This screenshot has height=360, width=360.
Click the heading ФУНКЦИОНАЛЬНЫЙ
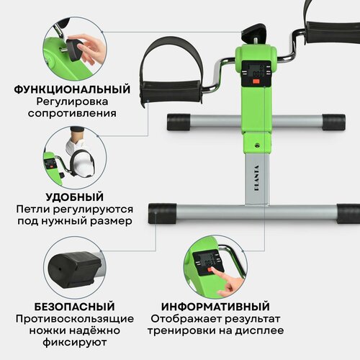pos(72,90)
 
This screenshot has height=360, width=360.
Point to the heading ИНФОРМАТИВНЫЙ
pos(216,305)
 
